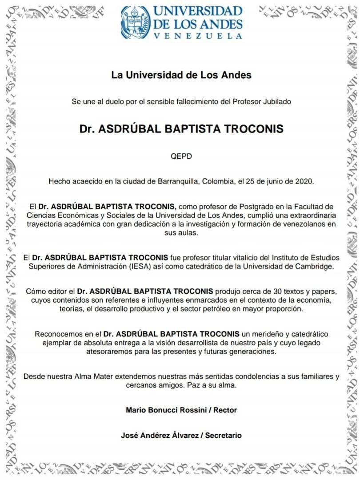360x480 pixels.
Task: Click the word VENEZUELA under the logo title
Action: coord(198,36)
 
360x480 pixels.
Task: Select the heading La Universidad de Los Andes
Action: coord(181,75)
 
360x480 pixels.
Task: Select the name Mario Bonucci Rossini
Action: coord(164,410)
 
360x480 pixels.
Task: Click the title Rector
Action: coord(225,410)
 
